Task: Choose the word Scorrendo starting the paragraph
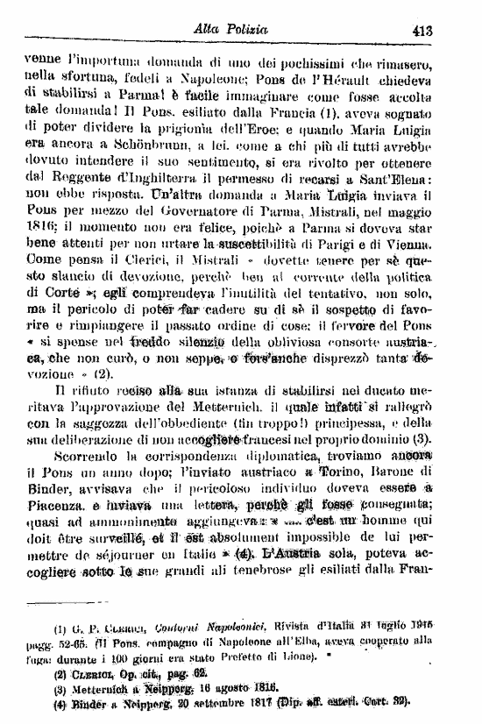[x=83, y=457]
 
